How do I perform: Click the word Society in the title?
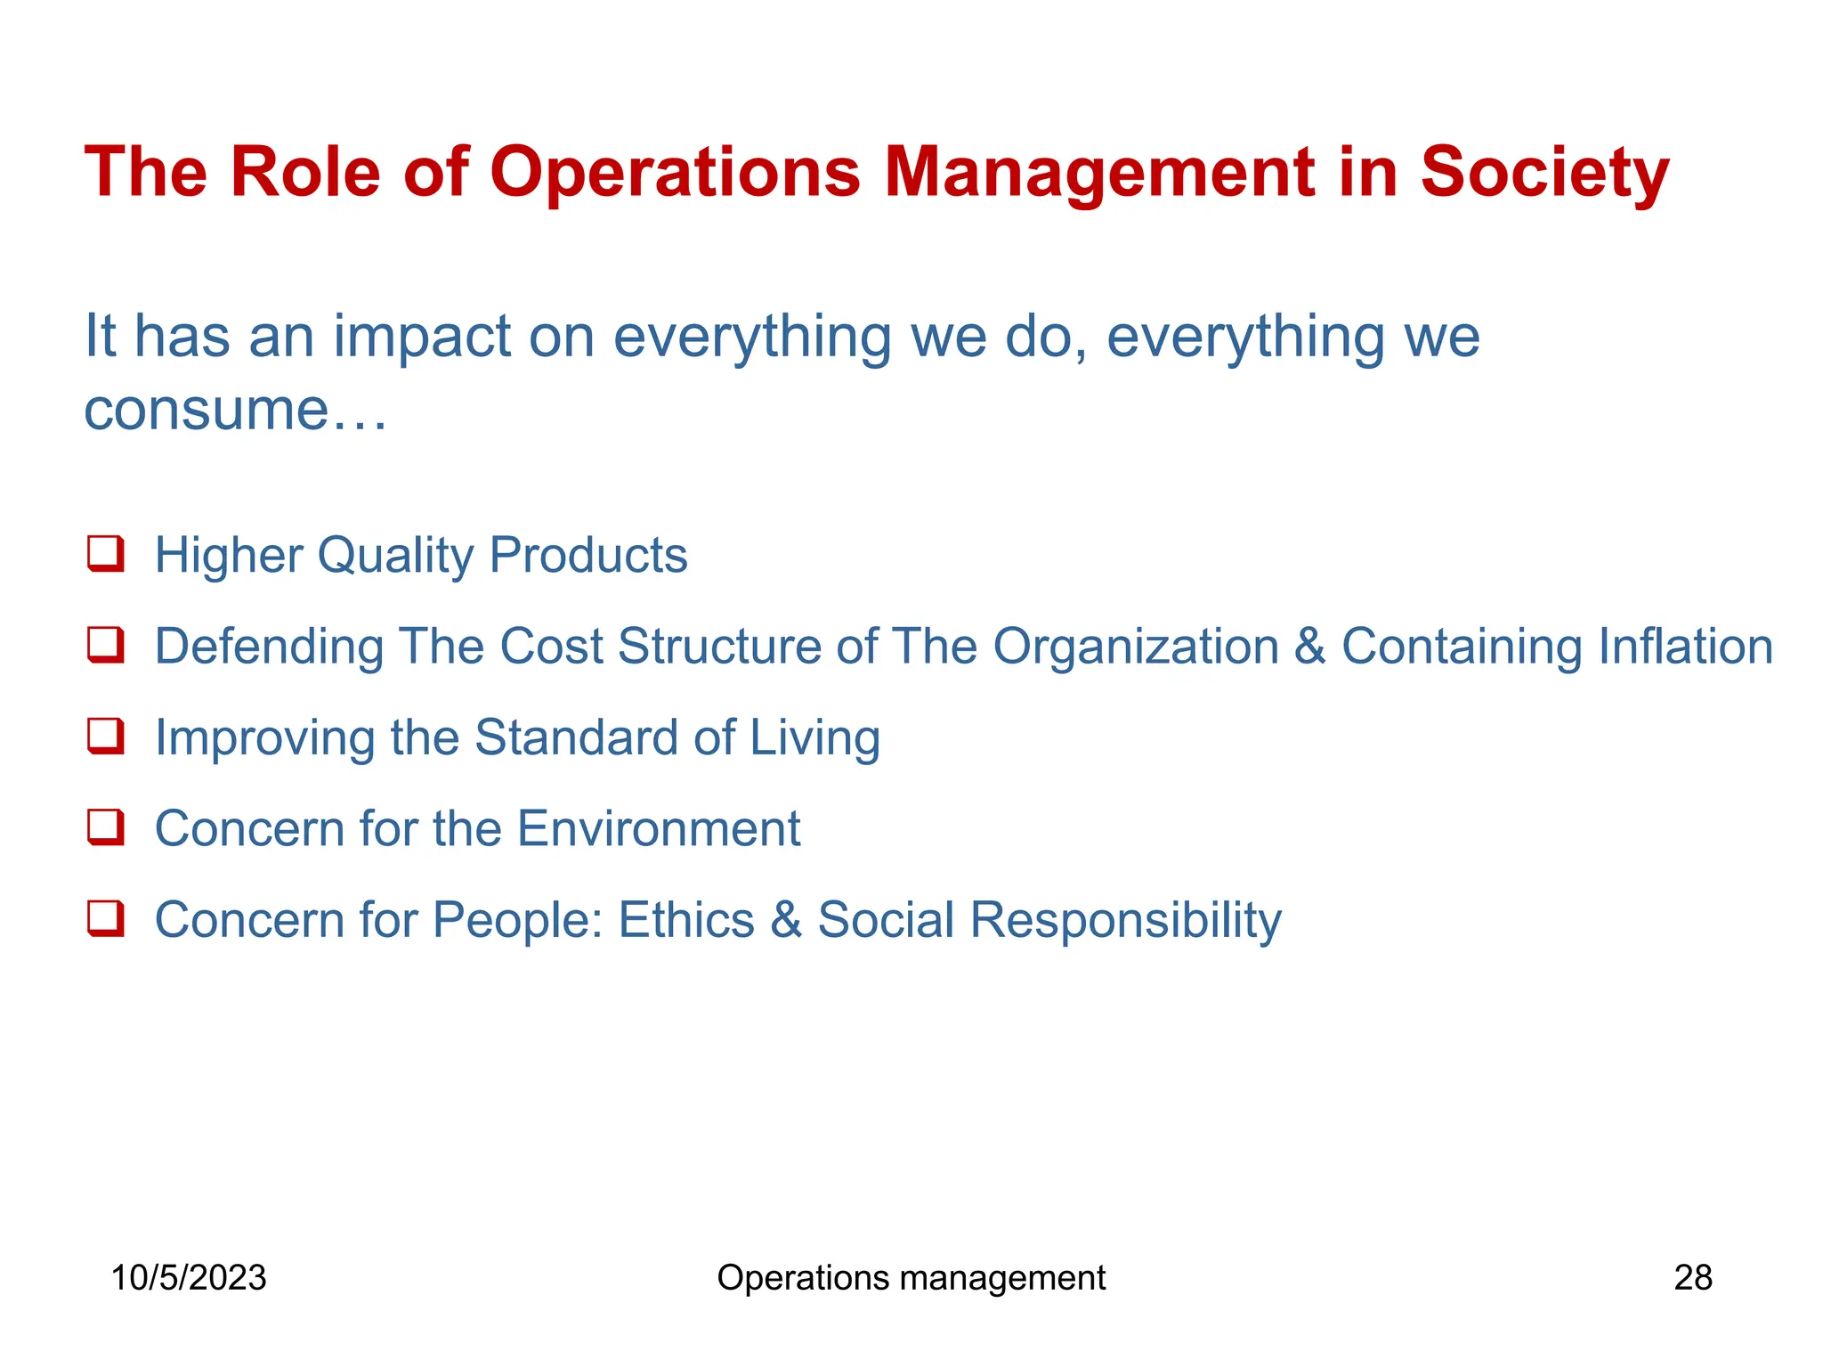click(1543, 173)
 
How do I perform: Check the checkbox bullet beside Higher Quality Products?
click(105, 553)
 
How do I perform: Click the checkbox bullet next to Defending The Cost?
click(105, 645)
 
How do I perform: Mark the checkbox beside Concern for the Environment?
click(105, 827)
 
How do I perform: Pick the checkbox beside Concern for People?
click(105, 918)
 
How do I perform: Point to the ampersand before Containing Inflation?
click(1309, 647)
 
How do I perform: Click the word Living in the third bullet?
click(814, 738)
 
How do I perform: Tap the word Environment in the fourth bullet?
click(658, 829)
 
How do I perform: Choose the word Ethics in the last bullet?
click(685, 920)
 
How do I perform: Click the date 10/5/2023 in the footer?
click(189, 1278)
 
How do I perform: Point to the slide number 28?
click(1693, 1278)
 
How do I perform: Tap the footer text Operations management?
click(911, 1278)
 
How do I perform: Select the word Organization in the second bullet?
click(1136, 647)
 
